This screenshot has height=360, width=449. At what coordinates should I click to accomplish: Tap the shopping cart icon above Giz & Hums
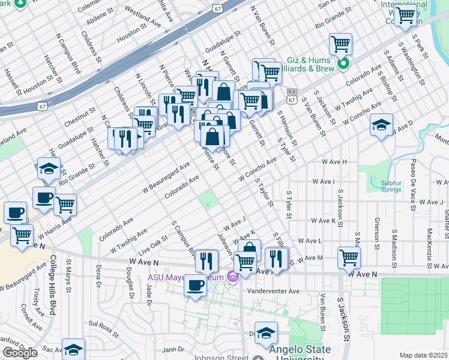click(340, 43)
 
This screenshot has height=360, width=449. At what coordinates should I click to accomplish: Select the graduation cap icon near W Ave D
click(381, 125)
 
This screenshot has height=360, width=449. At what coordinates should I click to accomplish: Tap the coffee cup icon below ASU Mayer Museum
click(195, 285)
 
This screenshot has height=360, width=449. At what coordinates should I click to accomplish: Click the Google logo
click(20, 353)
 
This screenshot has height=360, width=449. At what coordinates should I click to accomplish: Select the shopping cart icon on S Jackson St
click(349, 257)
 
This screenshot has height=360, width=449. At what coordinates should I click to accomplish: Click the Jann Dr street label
click(172, 349)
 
